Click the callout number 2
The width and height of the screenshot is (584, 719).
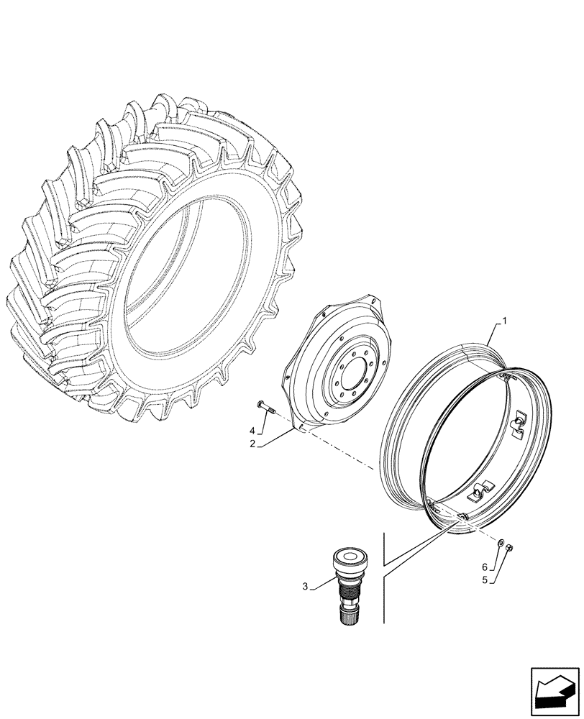(254, 444)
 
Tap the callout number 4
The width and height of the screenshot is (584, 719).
(252, 431)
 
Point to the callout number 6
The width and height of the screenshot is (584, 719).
(485, 567)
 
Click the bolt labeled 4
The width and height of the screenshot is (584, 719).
(265, 408)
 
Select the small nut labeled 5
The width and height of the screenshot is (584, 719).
(508, 548)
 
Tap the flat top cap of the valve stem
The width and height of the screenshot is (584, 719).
(350, 554)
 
